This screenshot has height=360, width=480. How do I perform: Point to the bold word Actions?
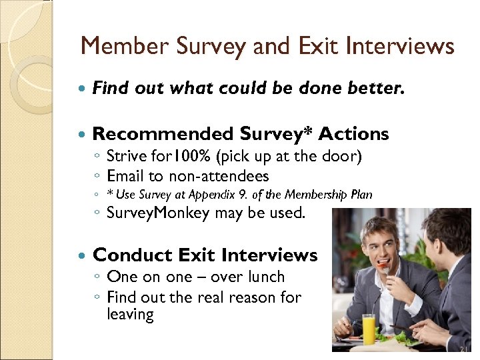(x=353, y=134)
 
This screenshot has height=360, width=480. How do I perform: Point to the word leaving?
(x=130, y=314)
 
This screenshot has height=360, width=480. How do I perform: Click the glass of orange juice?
(x=369, y=329)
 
